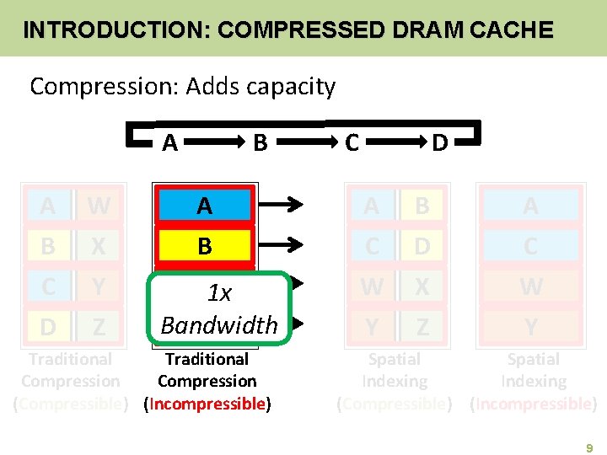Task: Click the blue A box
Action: point(205,205)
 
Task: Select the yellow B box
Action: point(205,245)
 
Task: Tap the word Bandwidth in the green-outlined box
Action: point(219,324)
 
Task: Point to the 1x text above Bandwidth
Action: point(219,293)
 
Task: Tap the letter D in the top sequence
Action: point(439,143)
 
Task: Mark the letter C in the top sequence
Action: point(352,143)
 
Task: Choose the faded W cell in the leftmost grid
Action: point(99,205)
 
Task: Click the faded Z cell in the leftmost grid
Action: point(99,324)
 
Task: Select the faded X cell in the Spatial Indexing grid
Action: point(422,286)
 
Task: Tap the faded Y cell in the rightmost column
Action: point(530,325)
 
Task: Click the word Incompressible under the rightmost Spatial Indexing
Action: point(533,404)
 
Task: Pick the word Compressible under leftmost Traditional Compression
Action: point(70,404)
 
